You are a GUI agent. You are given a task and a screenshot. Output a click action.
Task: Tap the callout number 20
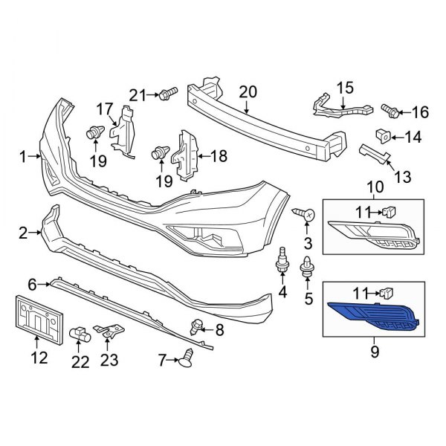tap(248, 91)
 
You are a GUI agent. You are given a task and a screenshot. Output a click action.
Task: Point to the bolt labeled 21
tap(167, 94)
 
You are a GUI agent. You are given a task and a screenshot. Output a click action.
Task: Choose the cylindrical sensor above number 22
tap(80, 336)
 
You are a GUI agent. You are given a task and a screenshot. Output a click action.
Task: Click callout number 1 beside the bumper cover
tap(23, 156)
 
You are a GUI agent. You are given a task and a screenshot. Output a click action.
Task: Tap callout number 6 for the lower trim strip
tap(32, 284)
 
